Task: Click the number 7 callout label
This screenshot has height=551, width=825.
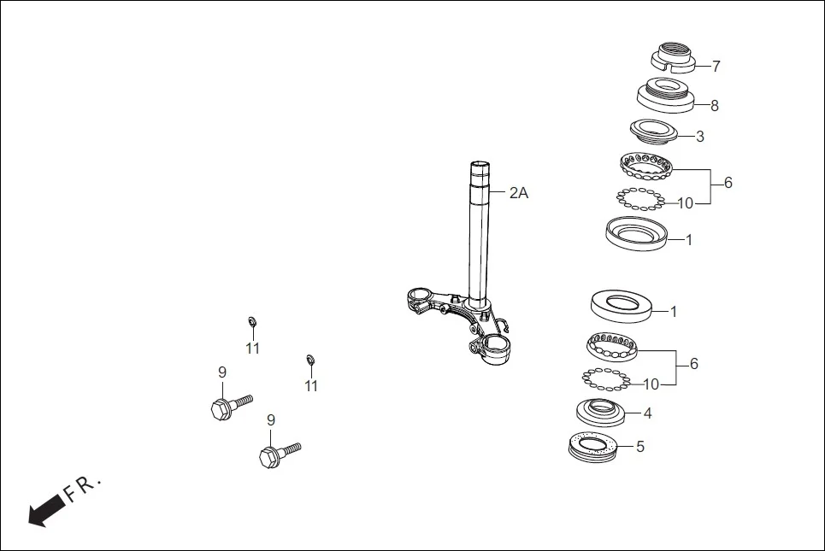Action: pos(716,66)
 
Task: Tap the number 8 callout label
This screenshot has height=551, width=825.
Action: pos(715,106)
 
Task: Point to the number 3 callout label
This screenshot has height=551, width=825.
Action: pos(700,137)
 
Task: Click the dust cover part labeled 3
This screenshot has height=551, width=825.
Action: pos(653,131)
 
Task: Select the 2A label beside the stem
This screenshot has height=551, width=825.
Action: pos(519,193)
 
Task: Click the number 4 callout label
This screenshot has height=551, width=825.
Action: pos(647,413)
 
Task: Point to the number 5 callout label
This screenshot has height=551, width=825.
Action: pos(639,446)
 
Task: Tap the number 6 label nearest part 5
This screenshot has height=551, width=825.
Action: pos(694,364)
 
